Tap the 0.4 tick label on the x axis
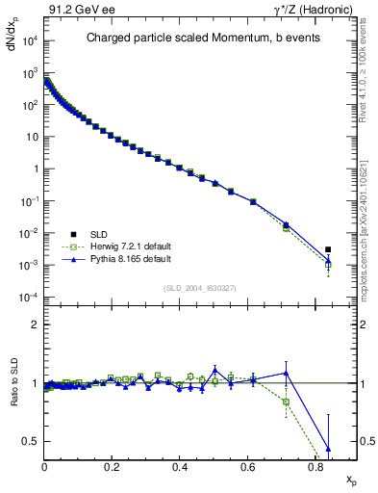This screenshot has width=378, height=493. click(180, 468)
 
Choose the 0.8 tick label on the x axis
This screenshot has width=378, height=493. click(315, 468)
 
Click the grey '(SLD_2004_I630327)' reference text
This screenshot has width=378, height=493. click(201, 288)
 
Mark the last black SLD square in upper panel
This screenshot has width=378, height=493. click(328, 249)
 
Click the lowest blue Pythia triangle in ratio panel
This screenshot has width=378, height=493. click(328, 449)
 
